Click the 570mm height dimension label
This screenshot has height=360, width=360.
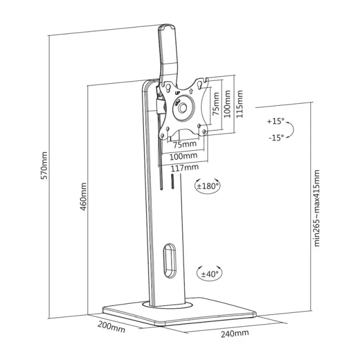tap(44, 165)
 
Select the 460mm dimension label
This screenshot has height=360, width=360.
tap(83, 196)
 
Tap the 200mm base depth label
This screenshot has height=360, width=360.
tap(111, 327)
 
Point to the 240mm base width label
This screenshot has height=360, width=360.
tap(235, 334)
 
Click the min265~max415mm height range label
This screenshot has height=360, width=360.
tap(317, 208)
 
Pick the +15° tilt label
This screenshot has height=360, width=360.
tap(276, 121)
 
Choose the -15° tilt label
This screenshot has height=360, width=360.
tap(276, 138)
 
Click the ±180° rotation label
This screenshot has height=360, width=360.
tap(207, 186)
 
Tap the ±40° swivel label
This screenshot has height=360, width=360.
tap(209, 274)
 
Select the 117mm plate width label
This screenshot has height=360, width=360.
tap(184, 168)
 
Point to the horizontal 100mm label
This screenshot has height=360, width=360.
tap(183, 156)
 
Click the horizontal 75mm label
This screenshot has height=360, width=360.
tap(185, 145)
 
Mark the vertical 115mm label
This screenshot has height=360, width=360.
tap(240, 104)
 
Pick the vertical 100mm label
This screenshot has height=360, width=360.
tap(227, 103)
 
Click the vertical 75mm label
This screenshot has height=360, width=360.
tap(215, 104)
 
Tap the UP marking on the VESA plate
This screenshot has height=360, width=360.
tap(177, 93)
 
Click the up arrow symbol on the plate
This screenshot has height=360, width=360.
tap(191, 91)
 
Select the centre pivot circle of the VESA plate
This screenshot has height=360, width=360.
tap(182, 108)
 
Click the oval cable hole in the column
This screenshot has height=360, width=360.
tap(169, 260)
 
